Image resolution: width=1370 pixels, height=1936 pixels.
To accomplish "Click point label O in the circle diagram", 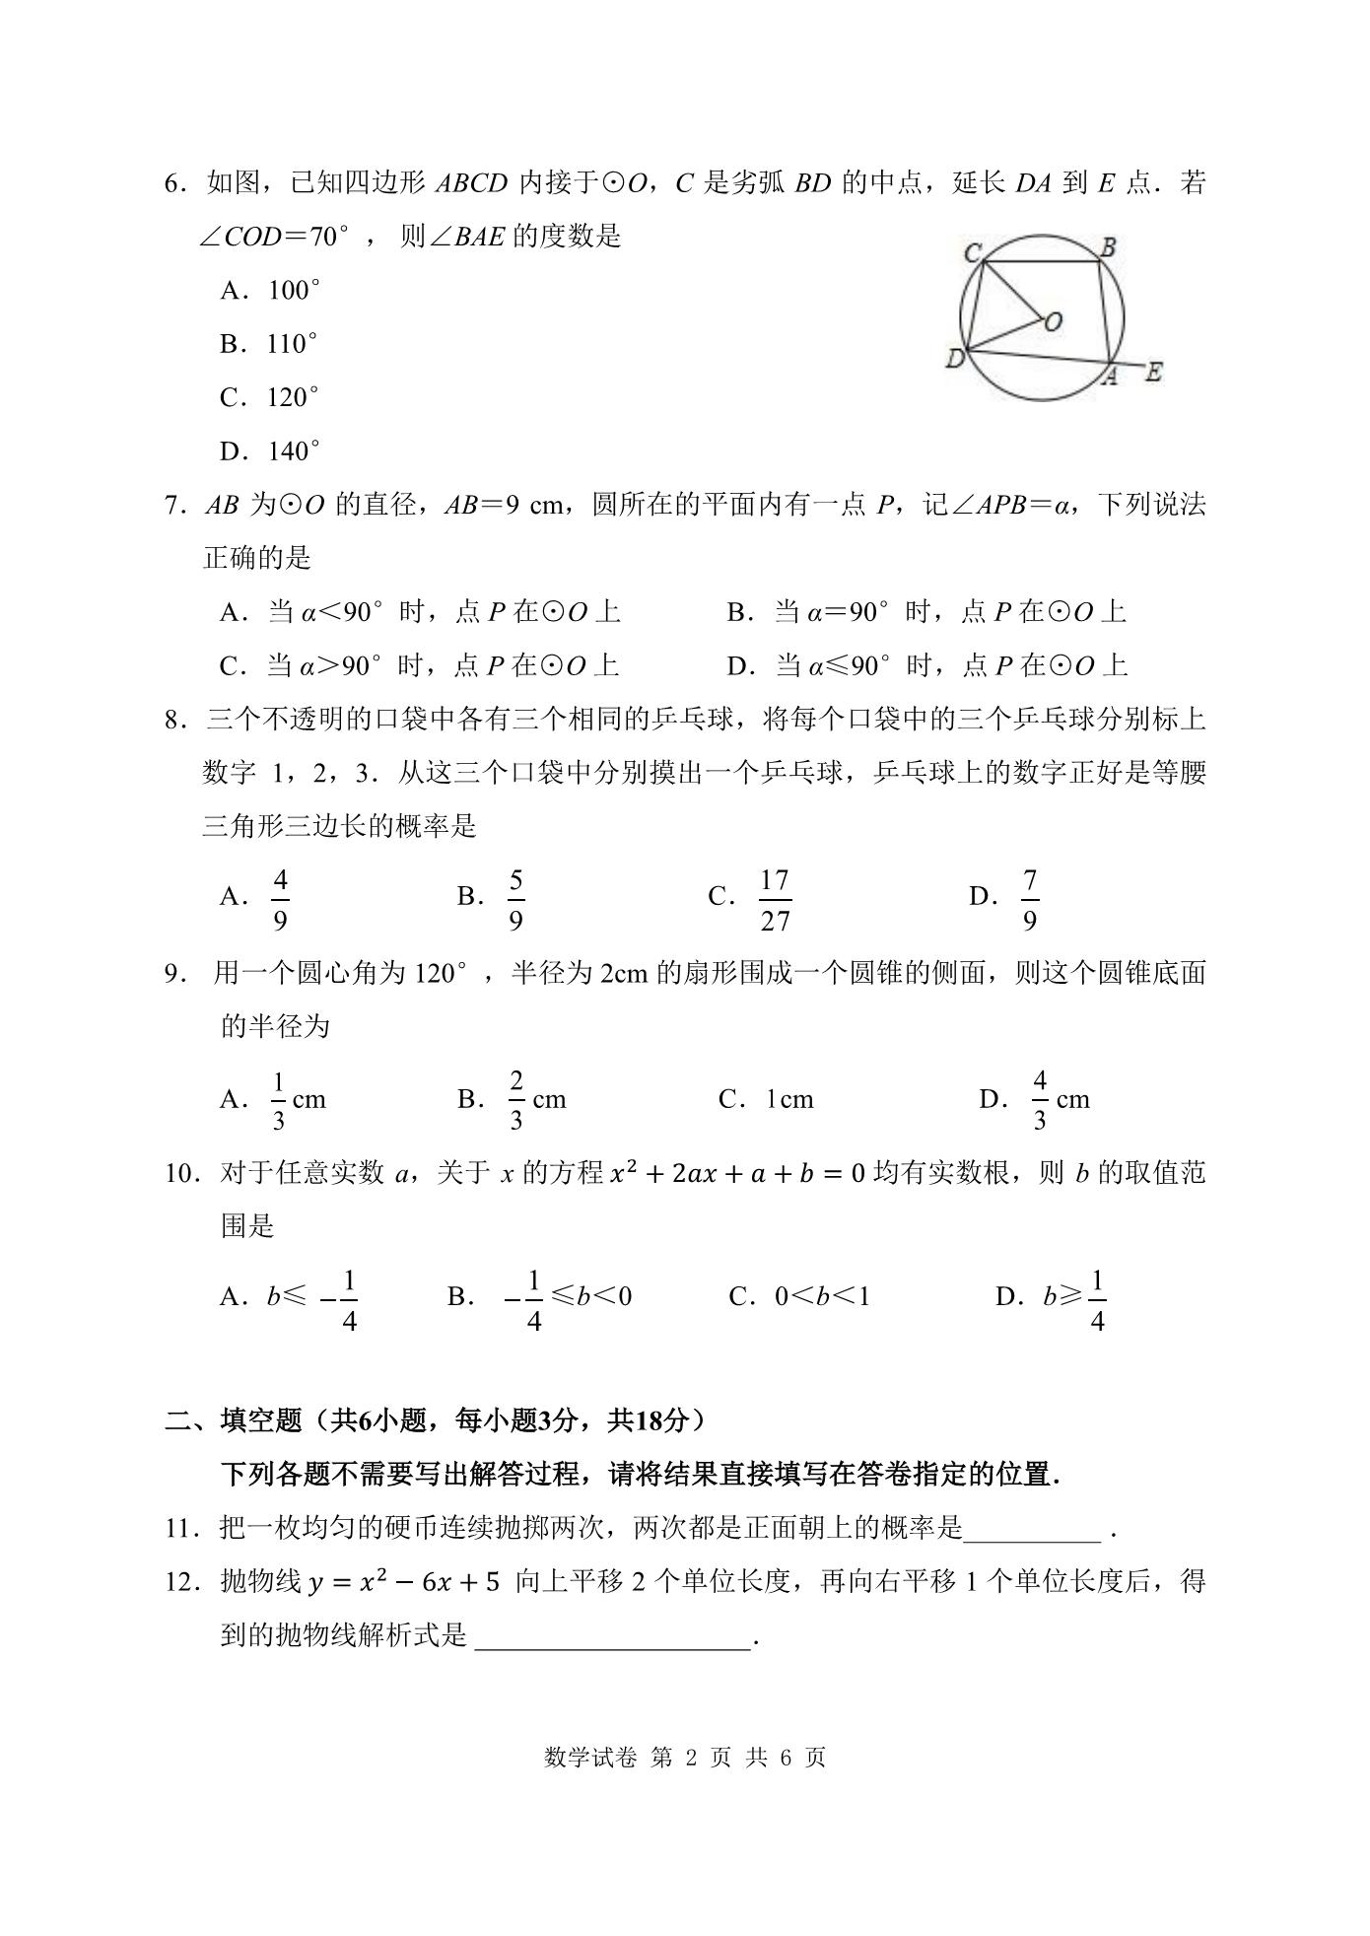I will [x=1054, y=321].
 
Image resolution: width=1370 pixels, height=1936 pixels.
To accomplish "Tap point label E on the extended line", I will [x=1153, y=373].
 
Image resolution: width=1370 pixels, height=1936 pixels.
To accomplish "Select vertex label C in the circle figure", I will [x=971, y=253].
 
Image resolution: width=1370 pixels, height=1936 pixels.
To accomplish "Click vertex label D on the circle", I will [x=953, y=359].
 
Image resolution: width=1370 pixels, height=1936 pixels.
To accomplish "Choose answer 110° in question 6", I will [x=292, y=344].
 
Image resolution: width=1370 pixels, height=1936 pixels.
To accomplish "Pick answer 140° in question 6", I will [x=293, y=451].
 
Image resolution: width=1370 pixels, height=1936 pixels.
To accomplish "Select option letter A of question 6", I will [x=231, y=291].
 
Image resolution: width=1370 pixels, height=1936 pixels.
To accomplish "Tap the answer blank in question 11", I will [x=1032, y=1529].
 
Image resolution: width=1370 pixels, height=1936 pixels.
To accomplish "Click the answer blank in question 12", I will [x=613, y=1636].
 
